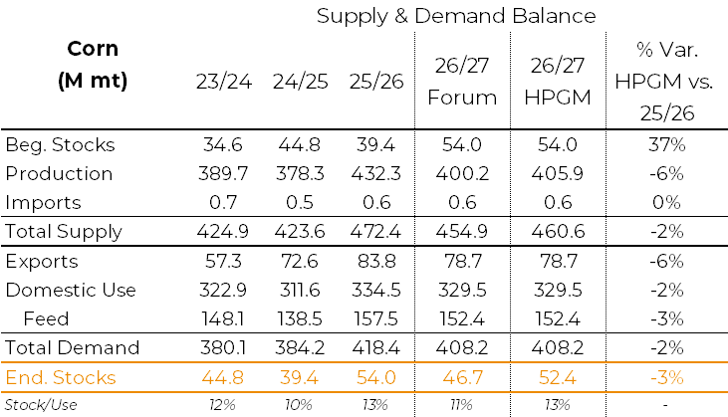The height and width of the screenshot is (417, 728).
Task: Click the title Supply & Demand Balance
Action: (456, 17)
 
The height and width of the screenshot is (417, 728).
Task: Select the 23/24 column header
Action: (224, 82)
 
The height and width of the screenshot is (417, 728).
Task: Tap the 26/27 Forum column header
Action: (462, 82)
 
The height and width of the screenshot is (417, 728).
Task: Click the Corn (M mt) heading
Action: (93, 65)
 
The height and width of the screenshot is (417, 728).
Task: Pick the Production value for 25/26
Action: (375, 174)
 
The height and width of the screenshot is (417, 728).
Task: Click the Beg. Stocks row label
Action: (60, 144)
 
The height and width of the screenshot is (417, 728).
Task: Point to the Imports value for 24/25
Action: (300, 203)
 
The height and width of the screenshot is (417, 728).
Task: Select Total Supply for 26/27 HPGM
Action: (558, 232)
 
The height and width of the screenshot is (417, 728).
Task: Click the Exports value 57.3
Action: (223, 262)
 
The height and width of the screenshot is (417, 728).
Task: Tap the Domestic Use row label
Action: (71, 291)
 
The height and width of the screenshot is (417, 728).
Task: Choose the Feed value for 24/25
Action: (300, 319)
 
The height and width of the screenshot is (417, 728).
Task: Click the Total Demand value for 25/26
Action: (375, 348)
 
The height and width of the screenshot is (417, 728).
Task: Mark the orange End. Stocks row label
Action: (61, 377)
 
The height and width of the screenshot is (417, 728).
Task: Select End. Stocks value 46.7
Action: (462, 377)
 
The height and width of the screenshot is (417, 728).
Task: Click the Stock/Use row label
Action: (41, 405)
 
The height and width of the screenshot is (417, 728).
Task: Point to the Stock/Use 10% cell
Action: (299, 405)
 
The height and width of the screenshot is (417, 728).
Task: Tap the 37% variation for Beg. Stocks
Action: (666, 145)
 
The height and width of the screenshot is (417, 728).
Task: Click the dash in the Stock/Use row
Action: (665, 406)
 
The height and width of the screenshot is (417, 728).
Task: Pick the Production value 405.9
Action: (558, 174)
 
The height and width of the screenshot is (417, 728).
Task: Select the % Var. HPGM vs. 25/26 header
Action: (664, 82)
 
